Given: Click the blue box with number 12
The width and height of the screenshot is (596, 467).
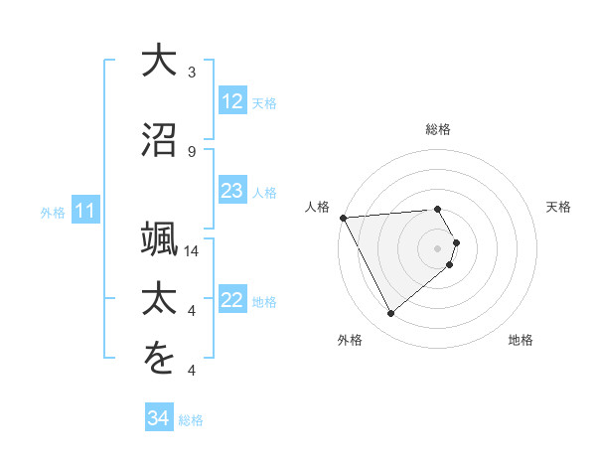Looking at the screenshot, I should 231,101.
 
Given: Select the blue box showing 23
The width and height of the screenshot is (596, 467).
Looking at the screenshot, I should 231,191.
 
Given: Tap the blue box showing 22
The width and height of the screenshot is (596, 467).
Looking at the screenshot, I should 231,300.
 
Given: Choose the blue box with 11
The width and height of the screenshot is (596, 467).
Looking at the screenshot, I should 85,211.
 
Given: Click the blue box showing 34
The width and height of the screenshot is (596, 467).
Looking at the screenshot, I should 158,418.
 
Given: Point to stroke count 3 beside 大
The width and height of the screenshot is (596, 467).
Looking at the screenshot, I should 192,72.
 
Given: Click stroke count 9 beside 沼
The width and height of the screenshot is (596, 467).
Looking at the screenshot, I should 192,151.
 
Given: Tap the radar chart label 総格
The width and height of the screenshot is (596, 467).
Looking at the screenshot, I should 438,129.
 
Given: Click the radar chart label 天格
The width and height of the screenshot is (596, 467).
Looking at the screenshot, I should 559,207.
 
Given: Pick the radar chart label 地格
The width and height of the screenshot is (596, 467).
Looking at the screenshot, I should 521,340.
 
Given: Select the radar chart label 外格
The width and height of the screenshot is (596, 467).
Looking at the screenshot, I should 350,340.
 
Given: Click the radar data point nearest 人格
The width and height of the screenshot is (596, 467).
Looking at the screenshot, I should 343,217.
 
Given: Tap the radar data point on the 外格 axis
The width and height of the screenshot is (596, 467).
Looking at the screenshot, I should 391,314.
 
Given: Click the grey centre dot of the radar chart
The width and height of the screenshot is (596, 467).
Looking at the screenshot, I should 438,247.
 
